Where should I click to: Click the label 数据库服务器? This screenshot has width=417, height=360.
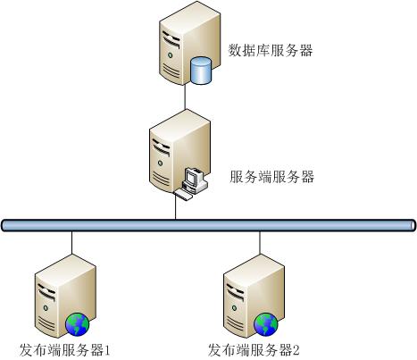(x=271, y=50)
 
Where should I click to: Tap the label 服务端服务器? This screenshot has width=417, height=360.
(x=271, y=177)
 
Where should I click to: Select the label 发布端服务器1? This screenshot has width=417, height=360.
(x=65, y=350)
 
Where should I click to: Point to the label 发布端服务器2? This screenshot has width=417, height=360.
(x=254, y=350)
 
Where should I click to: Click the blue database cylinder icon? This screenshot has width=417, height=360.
(x=201, y=71)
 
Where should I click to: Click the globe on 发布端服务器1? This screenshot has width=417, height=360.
(x=78, y=324)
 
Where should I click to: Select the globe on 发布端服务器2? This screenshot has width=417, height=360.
(x=266, y=324)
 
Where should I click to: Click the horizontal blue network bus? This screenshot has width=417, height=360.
(x=208, y=225)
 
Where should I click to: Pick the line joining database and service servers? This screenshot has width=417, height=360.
(x=186, y=97)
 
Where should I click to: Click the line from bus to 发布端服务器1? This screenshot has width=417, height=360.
(x=71, y=243)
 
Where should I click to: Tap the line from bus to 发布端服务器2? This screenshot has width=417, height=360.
(x=260, y=243)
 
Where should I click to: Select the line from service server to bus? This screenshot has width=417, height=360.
(x=176, y=207)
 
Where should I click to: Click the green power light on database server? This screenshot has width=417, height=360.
(x=170, y=55)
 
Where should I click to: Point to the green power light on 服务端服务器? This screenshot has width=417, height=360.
(x=160, y=163)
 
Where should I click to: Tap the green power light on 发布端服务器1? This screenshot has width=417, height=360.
(x=46, y=308)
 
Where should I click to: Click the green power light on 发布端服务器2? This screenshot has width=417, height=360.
(x=234, y=308)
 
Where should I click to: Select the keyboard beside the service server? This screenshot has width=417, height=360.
(x=183, y=195)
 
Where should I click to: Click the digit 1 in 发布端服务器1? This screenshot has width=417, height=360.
(x=107, y=350)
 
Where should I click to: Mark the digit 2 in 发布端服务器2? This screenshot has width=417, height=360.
(x=296, y=350)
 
